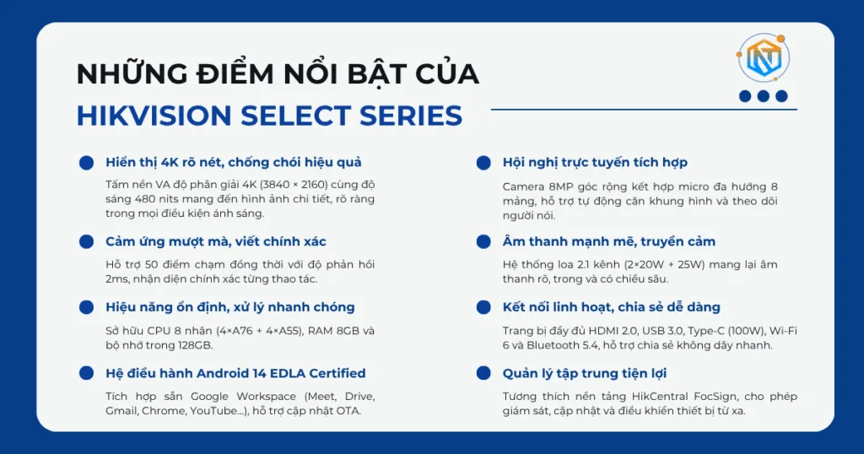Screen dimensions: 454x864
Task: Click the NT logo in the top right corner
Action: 763,57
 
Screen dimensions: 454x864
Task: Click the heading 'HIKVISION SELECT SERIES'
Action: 269,116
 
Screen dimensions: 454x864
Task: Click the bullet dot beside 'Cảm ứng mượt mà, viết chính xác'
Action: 86,241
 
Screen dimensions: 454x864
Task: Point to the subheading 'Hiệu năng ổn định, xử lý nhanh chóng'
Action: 229,307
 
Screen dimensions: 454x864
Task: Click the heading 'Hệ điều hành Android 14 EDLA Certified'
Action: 235,373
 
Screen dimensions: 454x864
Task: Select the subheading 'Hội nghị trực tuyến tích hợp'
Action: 595,162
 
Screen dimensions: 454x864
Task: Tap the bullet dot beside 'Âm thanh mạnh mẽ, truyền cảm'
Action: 483,241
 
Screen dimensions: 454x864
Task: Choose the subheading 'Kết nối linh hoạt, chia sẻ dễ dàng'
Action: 611,307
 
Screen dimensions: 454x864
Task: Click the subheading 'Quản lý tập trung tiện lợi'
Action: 585,373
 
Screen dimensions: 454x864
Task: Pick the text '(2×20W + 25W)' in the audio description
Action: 648,265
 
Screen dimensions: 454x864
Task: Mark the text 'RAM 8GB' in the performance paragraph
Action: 335,331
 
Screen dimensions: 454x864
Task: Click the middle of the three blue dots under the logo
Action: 763,96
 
